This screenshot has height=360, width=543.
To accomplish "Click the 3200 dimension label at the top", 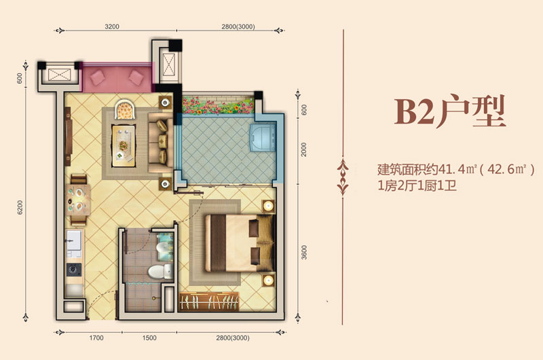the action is [x=112, y=26].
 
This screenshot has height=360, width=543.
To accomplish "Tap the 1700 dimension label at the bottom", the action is [x=96, y=338].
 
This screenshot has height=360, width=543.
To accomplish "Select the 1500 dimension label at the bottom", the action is [x=149, y=338].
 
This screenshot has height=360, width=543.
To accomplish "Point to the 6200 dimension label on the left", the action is [x=20, y=207].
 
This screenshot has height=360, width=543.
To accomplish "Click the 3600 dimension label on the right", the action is [x=304, y=252].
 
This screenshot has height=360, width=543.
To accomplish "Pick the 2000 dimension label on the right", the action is [x=303, y=149].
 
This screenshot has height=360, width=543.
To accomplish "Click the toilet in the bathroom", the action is [x=161, y=272].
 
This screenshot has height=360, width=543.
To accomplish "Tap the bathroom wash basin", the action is [x=164, y=247].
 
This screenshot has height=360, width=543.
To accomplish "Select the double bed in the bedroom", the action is [x=240, y=243].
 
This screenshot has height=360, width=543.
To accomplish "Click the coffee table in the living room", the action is [x=124, y=146].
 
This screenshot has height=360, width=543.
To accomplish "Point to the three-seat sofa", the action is [x=160, y=143].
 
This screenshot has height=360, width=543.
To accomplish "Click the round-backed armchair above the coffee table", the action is [x=125, y=109].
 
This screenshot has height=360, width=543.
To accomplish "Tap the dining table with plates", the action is [x=78, y=200].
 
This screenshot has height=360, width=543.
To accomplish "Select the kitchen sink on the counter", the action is [x=74, y=239].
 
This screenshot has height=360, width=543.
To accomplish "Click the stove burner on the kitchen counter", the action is [x=74, y=269].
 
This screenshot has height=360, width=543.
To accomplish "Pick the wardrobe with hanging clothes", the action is [x=209, y=302].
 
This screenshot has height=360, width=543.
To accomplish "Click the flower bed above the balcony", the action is [x=218, y=105].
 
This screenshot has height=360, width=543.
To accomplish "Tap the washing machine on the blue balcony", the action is [x=263, y=138].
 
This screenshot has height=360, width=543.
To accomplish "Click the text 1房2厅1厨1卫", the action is [x=417, y=186].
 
